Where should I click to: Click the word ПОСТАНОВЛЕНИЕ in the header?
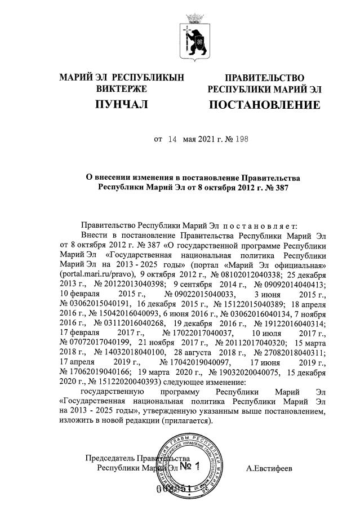(264, 105)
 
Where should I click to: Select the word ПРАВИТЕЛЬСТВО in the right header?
(264, 77)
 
